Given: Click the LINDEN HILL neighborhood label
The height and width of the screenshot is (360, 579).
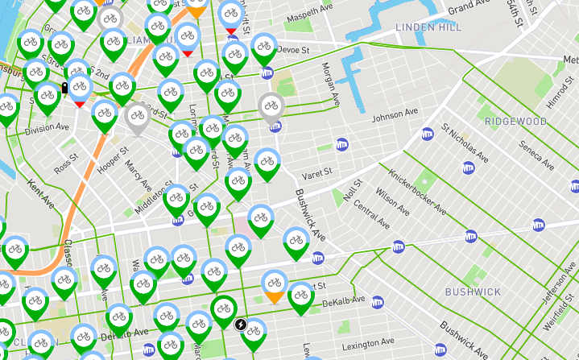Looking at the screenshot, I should click(429, 27).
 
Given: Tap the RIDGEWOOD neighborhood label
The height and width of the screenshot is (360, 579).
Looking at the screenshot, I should click(515, 122).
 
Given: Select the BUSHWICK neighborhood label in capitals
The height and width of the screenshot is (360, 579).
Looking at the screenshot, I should click(473, 292).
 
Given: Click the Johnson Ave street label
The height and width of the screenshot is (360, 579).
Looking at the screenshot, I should click(395, 114).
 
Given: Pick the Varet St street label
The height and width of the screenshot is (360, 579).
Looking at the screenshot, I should click(316, 175).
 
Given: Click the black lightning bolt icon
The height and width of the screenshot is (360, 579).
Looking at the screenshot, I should click(240, 325).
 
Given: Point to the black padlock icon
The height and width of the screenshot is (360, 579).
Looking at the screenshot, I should click(64, 88).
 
